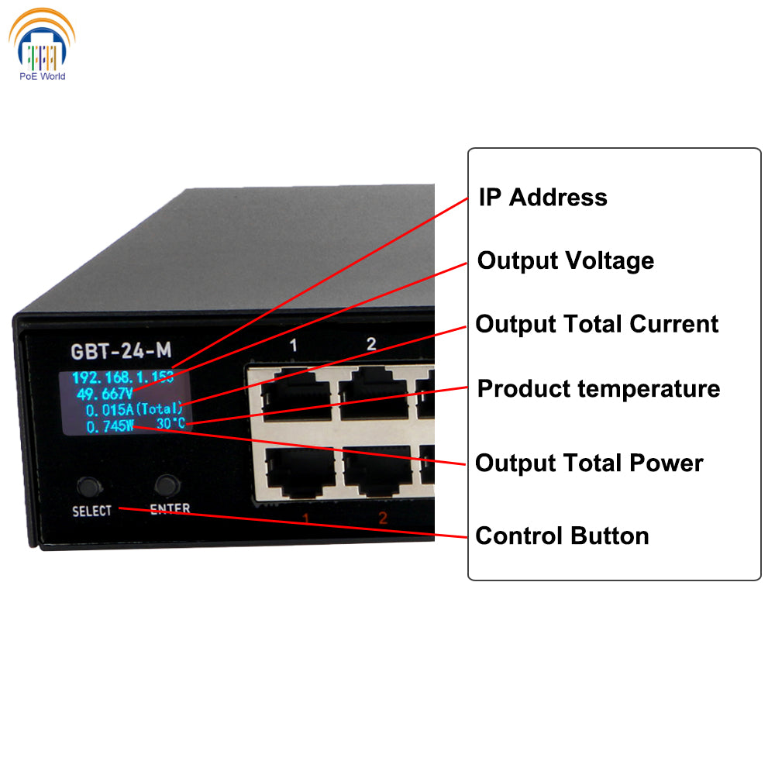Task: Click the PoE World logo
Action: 42,45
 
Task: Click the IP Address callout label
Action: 542,197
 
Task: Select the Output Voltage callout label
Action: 566,260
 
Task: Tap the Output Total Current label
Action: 597,324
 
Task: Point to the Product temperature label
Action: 598,388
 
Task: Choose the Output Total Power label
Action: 589,463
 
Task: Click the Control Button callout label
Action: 562,536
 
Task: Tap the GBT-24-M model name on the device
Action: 121,351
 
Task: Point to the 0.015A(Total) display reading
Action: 134,409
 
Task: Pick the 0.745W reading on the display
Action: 110,425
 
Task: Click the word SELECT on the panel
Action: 91,511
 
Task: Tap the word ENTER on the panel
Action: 170,509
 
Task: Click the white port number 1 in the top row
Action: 293,346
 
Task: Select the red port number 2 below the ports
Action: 383,518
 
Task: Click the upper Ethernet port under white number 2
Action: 375,393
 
